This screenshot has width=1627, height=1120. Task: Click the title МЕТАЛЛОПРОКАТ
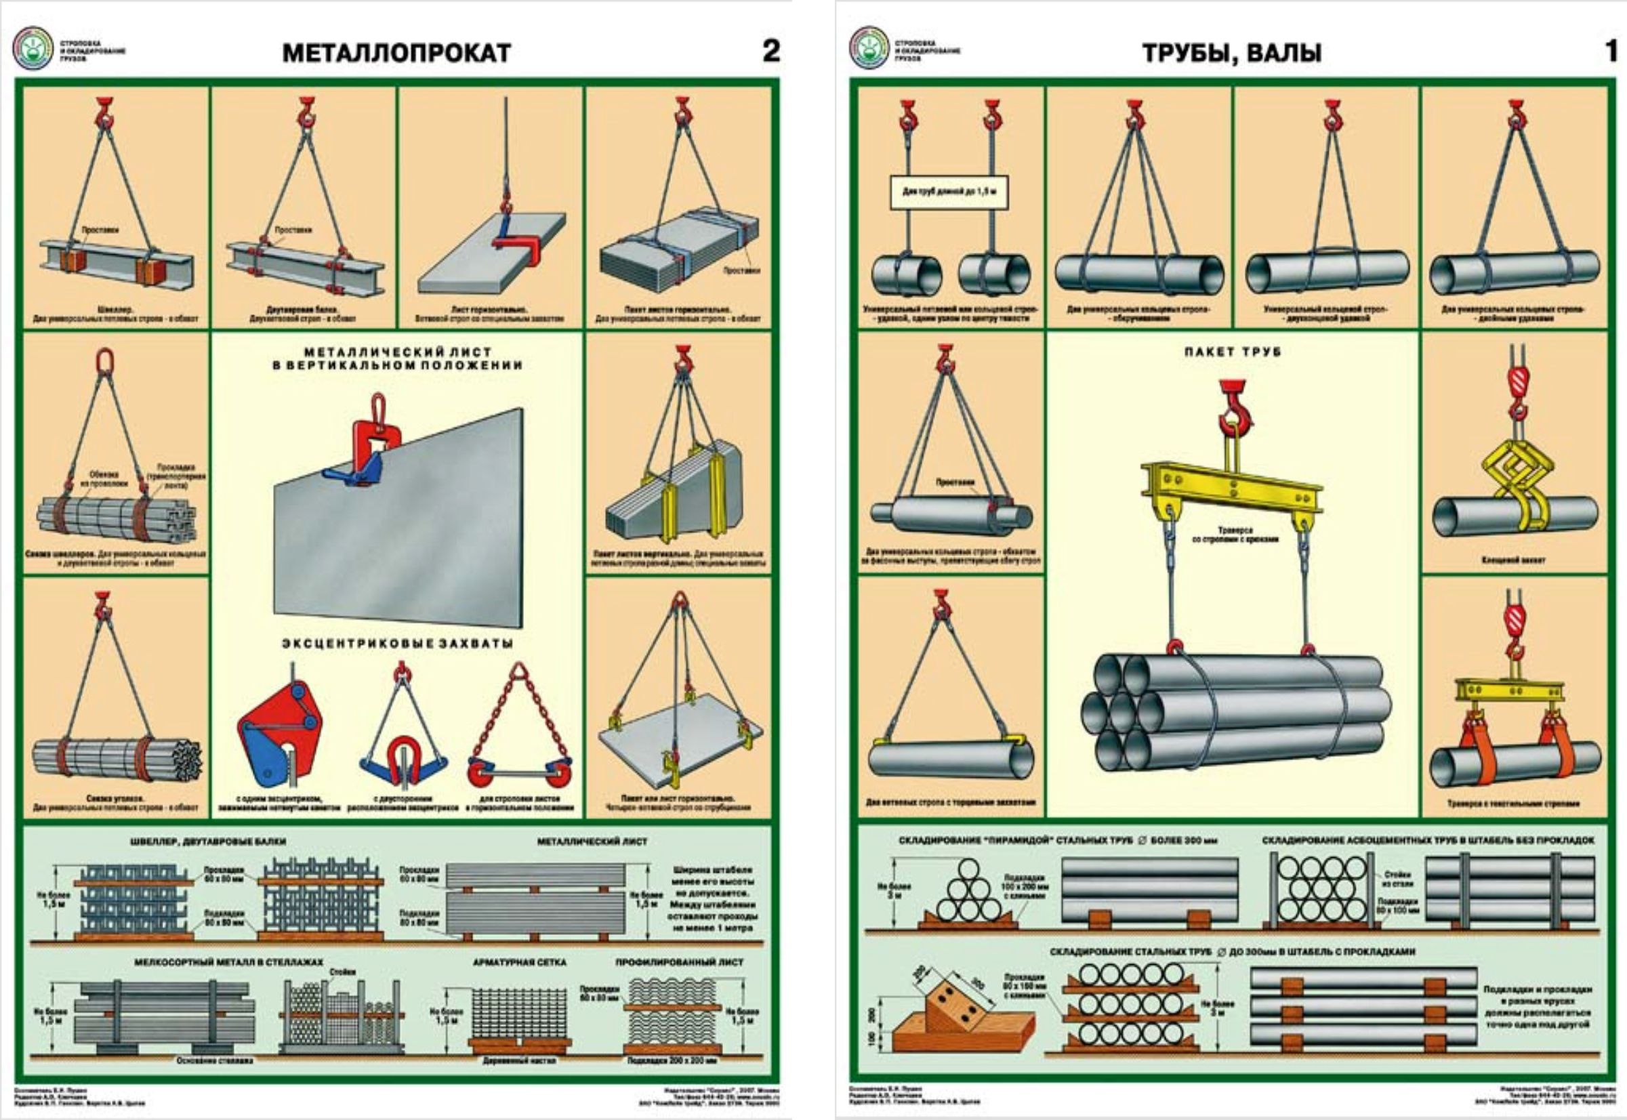pos(396,54)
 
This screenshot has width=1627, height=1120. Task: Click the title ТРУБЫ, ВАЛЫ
pos(1232,54)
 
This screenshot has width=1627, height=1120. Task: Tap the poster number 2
pos(770,51)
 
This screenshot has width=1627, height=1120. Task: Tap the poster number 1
pos(1611,51)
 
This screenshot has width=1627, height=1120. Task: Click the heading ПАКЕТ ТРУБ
pos(1232,352)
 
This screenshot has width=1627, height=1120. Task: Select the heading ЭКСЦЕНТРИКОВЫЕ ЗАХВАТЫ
pos(397,644)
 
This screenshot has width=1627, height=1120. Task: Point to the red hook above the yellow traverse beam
pos(1235,407)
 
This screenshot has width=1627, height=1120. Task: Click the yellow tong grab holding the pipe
pos(1512,484)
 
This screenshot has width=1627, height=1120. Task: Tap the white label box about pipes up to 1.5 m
pos(949,192)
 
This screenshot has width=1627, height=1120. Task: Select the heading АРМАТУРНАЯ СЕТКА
pos(519,961)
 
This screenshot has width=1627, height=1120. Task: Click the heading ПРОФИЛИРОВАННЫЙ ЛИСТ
pos(679,961)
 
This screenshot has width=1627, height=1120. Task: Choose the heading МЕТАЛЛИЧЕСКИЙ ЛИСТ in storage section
pos(592,841)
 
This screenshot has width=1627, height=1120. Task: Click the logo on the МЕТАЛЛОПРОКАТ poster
pos(32,47)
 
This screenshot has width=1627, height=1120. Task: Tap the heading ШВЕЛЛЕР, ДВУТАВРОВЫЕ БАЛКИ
pos(208,841)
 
